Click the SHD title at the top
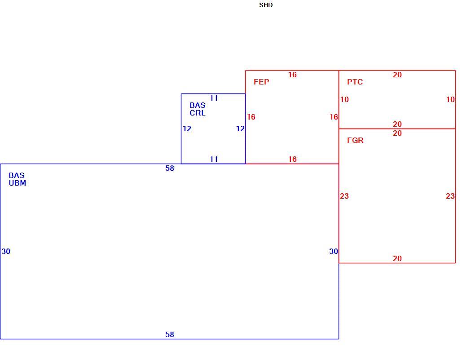click(x=266, y=5)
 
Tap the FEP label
click(x=261, y=82)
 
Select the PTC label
click(x=355, y=82)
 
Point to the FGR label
click(x=355, y=140)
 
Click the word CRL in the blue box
click(x=198, y=113)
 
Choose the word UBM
click(x=17, y=183)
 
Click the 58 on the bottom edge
click(x=170, y=335)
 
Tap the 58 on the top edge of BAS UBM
click(x=170, y=169)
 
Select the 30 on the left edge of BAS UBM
click(x=6, y=252)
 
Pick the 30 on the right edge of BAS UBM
click(x=334, y=252)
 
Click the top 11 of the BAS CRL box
click(x=214, y=98)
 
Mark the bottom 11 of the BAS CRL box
click(x=214, y=159)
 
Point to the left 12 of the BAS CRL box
click(x=187, y=129)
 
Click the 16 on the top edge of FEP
click(x=292, y=75)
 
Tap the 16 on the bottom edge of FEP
click(x=292, y=159)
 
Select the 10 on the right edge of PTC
click(x=450, y=99)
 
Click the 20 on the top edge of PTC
click(x=397, y=75)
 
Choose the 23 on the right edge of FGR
click(x=450, y=196)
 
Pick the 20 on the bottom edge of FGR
click(x=397, y=259)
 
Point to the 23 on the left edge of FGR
click(x=344, y=196)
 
